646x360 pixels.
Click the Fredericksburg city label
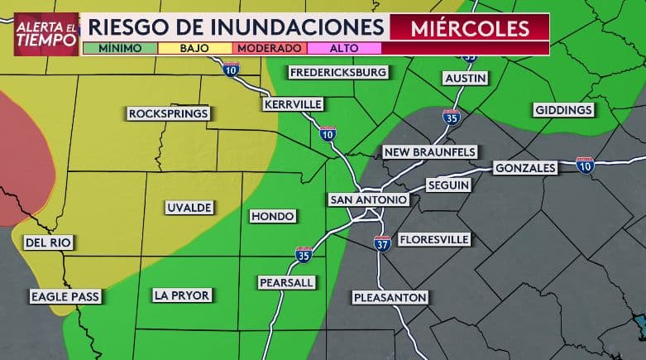coord(338,73)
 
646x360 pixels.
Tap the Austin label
coord(466,78)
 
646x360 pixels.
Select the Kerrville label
coord(293,105)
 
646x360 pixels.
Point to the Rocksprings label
coord(169,113)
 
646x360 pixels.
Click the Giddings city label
coord(563,110)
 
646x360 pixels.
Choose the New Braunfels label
coord(429,152)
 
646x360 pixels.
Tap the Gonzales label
coord(525,168)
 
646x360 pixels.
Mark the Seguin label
coord(449,185)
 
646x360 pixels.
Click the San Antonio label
coord(368,200)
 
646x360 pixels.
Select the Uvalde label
coord(189,207)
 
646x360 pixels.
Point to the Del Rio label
coord(48,243)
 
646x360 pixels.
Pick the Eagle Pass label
coord(64,296)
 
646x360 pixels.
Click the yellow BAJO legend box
coord(194,48)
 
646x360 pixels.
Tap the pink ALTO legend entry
coord(343,48)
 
